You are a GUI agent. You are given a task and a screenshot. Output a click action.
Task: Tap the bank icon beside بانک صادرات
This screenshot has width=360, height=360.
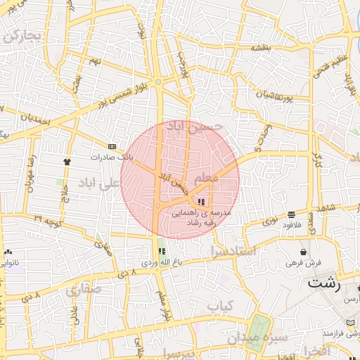pos(112,146)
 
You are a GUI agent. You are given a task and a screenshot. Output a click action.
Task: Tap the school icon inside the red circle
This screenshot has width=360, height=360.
pos(202,201)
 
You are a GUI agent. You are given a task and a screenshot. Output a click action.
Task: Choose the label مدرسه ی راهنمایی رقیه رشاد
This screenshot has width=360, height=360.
pos(205,216)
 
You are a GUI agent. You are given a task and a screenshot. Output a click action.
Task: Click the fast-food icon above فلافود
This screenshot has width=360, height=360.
pos(291,214)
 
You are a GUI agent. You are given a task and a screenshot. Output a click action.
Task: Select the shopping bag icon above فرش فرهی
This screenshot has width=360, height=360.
pos(304,251)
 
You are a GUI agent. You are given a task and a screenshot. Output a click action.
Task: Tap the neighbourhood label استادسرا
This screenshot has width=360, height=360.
pos(232,249)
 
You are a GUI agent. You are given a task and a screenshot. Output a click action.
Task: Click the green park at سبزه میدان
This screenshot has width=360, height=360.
pos(258,331)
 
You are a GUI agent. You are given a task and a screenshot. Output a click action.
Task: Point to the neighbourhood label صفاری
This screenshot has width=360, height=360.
pos(84,288)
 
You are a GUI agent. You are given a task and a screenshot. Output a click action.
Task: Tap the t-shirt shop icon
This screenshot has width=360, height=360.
pos(67,161)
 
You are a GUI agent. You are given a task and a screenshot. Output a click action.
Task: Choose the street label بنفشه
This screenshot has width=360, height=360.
pos(261,47)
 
